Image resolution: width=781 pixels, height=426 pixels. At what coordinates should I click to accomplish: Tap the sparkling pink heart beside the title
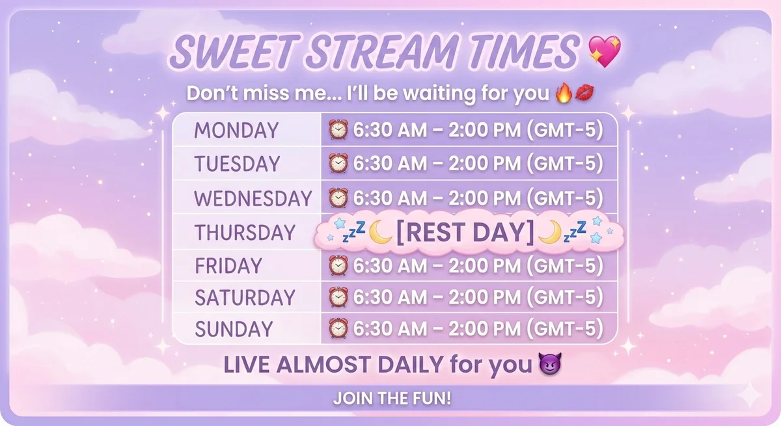[x=605, y=51]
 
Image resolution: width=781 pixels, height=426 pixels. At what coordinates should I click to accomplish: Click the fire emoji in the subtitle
[x=564, y=93]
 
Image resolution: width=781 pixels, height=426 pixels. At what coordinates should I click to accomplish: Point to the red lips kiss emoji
[x=584, y=92]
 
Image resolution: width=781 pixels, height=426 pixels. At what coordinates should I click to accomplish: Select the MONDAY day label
[x=236, y=130]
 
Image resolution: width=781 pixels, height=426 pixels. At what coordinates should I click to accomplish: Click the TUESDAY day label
[x=237, y=164]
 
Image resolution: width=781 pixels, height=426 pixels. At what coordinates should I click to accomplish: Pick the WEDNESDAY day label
[x=253, y=198]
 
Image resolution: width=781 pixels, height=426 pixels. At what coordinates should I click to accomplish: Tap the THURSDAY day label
[x=245, y=232]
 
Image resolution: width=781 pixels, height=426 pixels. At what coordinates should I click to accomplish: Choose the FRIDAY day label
[x=228, y=266]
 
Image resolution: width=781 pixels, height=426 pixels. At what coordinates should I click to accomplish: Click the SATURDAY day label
[x=245, y=297]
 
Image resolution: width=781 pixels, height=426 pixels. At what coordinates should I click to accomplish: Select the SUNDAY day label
[x=234, y=329]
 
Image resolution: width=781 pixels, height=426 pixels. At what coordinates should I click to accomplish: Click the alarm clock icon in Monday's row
[x=338, y=129]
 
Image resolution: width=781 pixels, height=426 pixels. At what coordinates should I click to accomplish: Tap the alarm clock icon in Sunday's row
[x=338, y=328]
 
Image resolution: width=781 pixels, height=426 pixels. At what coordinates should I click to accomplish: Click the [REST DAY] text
[x=465, y=232]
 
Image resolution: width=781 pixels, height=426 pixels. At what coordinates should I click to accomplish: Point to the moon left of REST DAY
[x=380, y=232]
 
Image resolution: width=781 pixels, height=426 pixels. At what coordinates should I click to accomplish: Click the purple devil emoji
[x=550, y=364]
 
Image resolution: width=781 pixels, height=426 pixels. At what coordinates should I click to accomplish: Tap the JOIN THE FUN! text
[x=392, y=398]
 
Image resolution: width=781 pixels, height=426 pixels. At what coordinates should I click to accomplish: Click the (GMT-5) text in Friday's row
[x=565, y=265]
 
